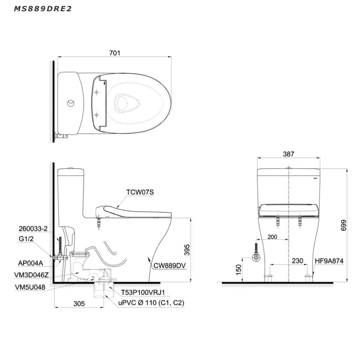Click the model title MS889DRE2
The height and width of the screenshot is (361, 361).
click(43, 9)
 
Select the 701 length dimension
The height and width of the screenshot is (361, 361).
click(115, 53)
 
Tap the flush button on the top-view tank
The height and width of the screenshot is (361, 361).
click(71, 103)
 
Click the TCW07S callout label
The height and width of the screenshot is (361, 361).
click(140, 192)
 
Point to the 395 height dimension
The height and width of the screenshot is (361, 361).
click(187, 250)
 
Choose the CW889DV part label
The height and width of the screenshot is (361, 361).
click(169, 266)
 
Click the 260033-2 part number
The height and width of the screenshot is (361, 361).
click(33, 229)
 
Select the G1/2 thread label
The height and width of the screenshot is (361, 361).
click(26, 239)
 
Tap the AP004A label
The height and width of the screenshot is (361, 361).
click(30, 263)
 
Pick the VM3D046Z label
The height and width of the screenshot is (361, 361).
click(31, 275)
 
